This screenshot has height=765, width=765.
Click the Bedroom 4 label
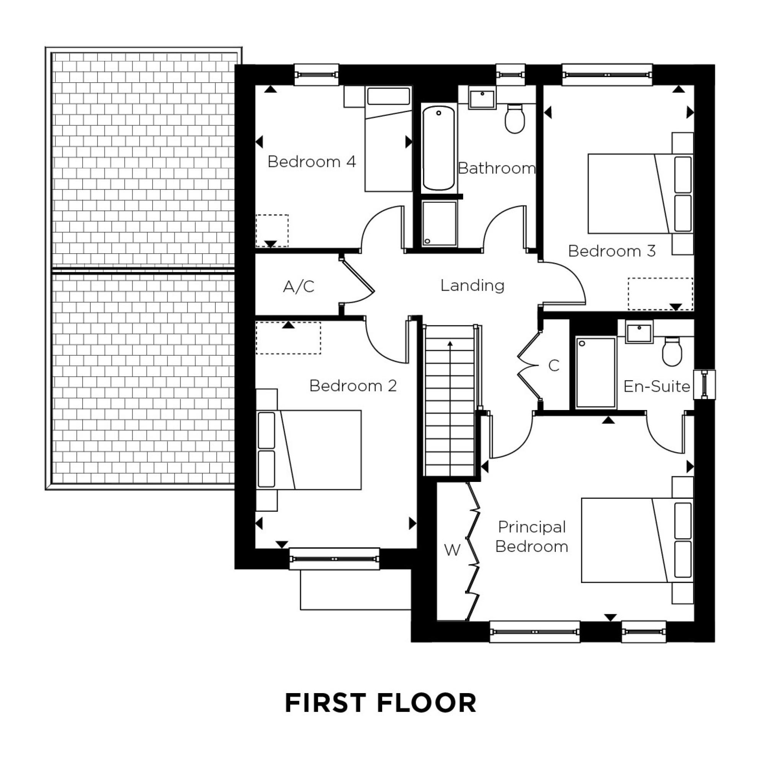pos(312,161)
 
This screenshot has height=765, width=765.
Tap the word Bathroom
pos(496,168)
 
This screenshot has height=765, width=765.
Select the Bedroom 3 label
pos(612,251)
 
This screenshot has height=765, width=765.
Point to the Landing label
pos(472,285)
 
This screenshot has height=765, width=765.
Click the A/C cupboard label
pos(299,286)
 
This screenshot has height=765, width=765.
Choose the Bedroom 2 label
pos(353,385)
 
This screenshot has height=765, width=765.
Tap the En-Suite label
pos(656,386)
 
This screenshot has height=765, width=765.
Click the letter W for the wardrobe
pos(452,550)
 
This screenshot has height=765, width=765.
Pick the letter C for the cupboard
pos(554,365)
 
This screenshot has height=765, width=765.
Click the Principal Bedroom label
pos(532,537)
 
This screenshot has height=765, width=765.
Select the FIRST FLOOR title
pos(381,702)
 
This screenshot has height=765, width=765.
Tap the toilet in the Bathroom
pos(515,119)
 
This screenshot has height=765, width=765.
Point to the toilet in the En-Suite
pos(672,351)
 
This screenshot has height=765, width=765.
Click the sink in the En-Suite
pos(639,331)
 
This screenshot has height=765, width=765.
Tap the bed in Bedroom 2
pos(309,450)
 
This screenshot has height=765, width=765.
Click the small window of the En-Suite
pos(705,384)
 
